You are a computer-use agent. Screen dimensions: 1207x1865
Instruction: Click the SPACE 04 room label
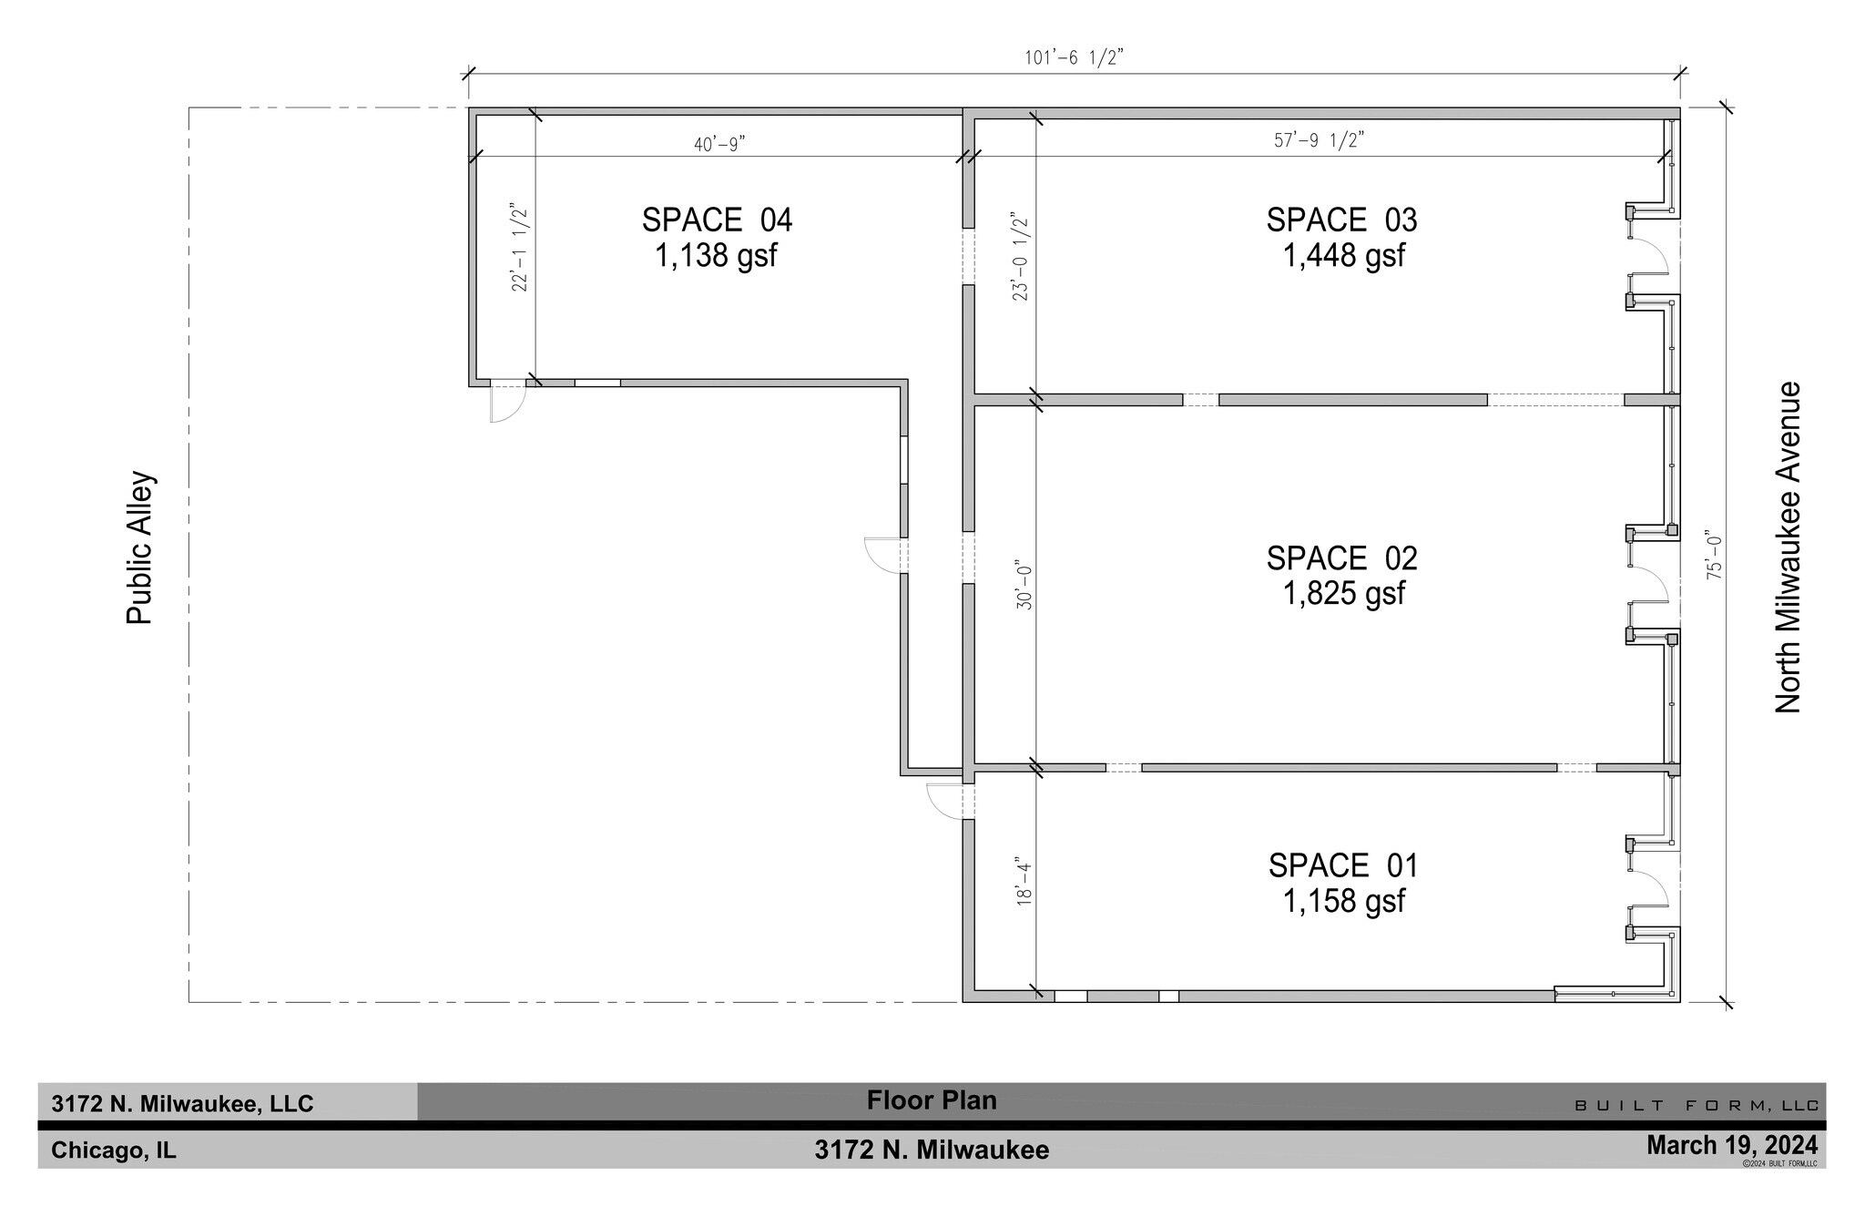(x=717, y=220)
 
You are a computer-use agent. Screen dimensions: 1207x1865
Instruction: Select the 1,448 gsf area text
(x=1343, y=256)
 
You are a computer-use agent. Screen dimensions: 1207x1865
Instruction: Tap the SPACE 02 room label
(x=1341, y=558)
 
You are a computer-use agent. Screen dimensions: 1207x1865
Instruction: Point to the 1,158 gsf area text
(x=1343, y=901)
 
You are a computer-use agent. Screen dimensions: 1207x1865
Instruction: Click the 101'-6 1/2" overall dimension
(x=1074, y=58)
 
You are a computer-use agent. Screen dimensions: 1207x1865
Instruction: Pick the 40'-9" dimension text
(x=719, y=144)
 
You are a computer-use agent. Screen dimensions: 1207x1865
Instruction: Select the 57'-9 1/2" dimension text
(x=1318, y=140)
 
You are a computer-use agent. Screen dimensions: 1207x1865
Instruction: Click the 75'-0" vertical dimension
(x=1715, y=555)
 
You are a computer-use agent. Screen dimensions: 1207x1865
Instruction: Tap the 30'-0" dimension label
(x=1024, y=588)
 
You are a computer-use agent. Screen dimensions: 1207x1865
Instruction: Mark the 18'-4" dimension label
(x=1024, y=882)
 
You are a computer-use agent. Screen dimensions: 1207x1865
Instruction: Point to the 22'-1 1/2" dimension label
(x=520, y=247)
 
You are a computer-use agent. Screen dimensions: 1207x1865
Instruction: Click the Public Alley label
(x=139, y=547)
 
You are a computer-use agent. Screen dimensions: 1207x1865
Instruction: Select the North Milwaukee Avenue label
(x=1789, y=547)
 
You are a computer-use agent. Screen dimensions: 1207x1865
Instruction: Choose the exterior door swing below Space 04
(x=506, y=404)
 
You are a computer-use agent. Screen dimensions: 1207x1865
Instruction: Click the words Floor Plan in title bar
(x=932, y=1100)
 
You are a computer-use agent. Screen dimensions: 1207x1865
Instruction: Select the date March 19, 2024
(x=1731, y=1144)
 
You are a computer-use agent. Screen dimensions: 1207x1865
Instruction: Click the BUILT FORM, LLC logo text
(x=1697, y=1106)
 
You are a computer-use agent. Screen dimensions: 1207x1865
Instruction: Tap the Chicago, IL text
(x=114, y=1151)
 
